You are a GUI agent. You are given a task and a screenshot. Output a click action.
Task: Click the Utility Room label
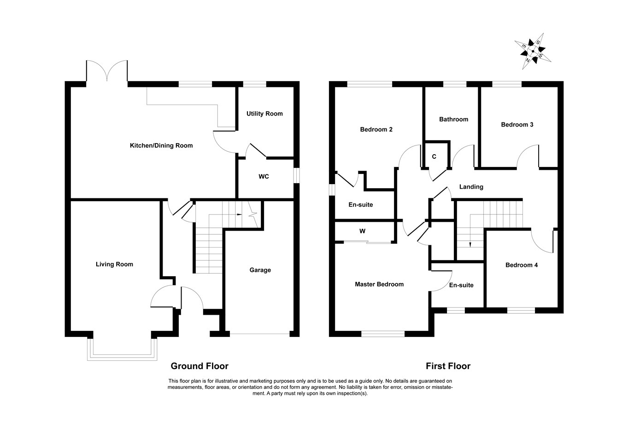pos(264,114)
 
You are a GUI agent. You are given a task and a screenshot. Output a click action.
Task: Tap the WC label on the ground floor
pos(264,177)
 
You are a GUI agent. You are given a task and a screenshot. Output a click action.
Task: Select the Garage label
pos(260,270)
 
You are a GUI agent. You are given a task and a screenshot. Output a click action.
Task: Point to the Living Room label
pos(114,264)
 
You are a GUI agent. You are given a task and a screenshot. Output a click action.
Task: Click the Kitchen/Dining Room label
pos(161,145)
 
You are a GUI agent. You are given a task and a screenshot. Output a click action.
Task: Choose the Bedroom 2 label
pos(376,129)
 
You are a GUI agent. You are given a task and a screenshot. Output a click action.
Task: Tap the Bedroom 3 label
pos(517,125)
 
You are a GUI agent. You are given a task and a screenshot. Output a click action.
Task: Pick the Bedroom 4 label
pos(521,265)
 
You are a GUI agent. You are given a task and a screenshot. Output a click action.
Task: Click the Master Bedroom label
pos(379,284)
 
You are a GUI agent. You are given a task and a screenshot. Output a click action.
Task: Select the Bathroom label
pos(453,119)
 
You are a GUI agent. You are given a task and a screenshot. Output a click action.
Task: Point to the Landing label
pos(471,187)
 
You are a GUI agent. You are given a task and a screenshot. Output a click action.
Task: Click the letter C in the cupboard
pos(434,156)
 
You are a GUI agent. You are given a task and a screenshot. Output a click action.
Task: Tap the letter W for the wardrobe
pos(362,231)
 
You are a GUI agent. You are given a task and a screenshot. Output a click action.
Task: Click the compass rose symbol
pos(533,51)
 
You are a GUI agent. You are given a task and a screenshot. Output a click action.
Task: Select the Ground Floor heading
pos(200,366)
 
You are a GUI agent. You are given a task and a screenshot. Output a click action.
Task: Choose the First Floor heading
pos(448,366)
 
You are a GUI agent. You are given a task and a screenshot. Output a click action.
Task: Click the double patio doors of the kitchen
pos(106,72)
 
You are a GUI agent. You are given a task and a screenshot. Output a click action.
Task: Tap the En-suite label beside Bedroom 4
pos(461,285)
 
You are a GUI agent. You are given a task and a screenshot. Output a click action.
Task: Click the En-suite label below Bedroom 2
pos(360,205)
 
